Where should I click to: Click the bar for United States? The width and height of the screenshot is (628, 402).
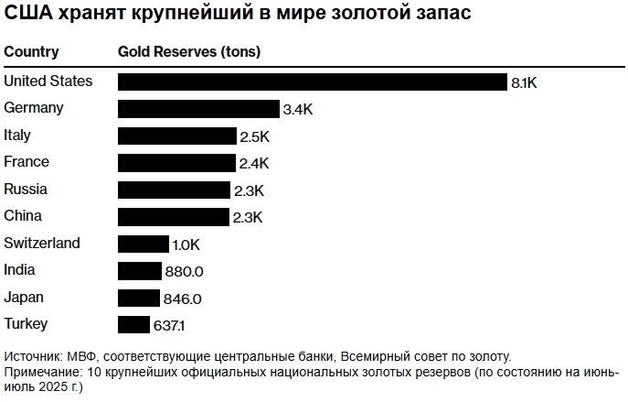click(312, 81)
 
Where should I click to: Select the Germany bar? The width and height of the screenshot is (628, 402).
click(198, 109)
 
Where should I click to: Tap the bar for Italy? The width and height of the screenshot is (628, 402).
click(176, 136)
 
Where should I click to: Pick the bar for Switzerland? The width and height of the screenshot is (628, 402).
click(144, 244)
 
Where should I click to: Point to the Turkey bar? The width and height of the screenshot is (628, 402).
click(133, 325)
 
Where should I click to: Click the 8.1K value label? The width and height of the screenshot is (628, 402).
click(524, 82)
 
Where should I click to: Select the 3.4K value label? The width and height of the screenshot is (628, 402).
click(297, 109)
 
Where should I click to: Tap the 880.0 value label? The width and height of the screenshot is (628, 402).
click(184, 271)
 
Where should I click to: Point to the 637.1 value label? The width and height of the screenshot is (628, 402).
click(171, 325)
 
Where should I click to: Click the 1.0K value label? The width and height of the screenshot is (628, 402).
click(186, 244)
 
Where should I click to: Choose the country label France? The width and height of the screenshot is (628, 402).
click(27, 162)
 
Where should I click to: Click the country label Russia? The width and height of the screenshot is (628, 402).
click(26, 190)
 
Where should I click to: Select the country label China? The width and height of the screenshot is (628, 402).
click(23, 216)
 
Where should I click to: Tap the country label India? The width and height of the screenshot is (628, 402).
click(20, 270)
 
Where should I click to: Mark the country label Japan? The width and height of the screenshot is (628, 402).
click(24, 298)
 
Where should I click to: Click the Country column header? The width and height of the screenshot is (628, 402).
click(31, 52)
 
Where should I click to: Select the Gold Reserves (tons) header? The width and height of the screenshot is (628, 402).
click(189, 52)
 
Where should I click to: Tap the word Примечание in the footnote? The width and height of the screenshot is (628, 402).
click(42, 373)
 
